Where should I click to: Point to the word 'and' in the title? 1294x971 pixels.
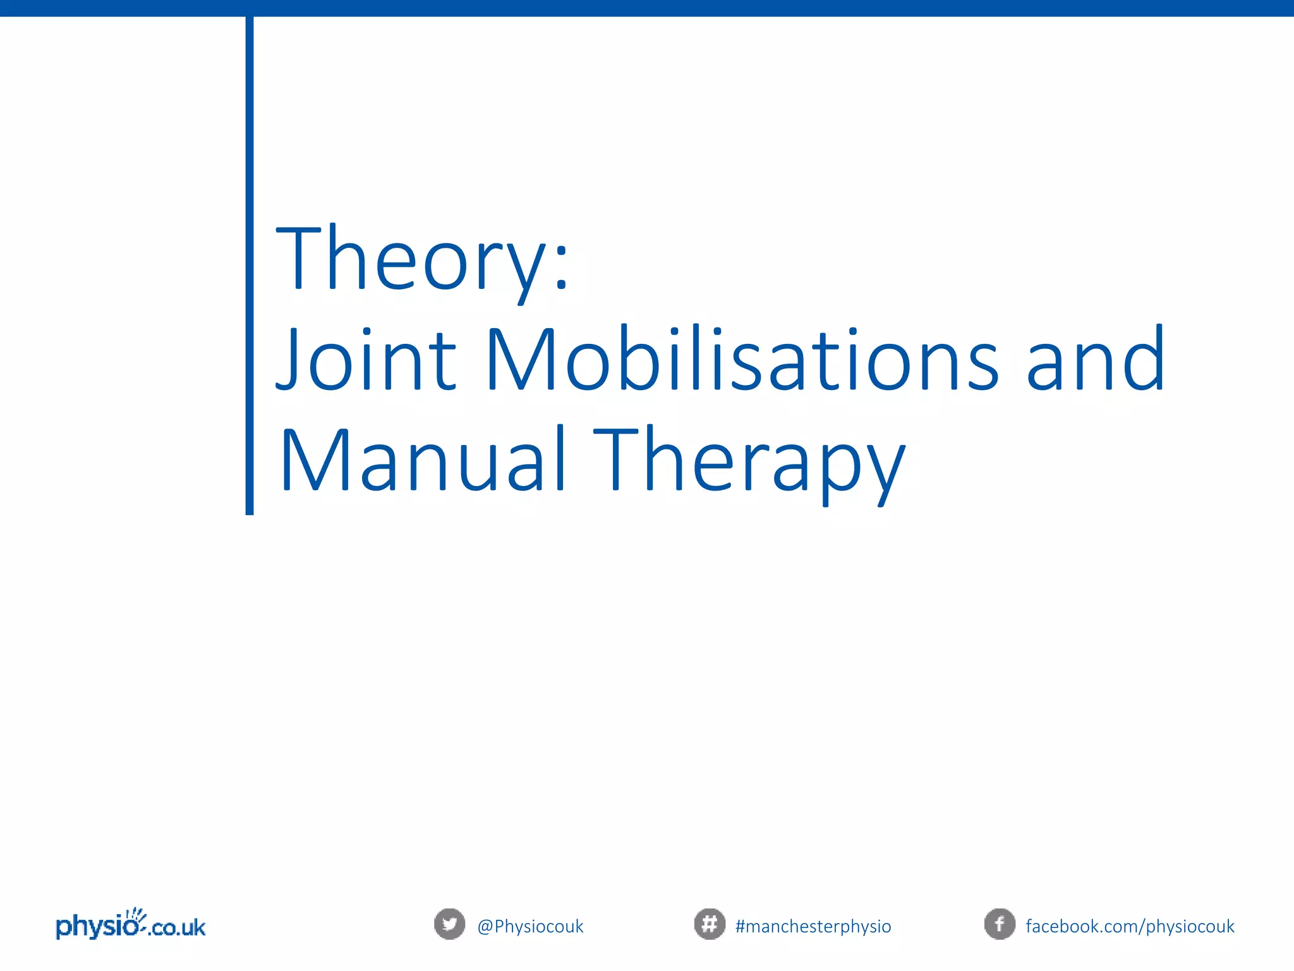click(x=1095, y=360)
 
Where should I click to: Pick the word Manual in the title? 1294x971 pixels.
click(x=422, y=460)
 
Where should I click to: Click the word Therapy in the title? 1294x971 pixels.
click(x=749, y=465)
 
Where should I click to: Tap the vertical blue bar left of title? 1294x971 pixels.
click(x=250, y=266)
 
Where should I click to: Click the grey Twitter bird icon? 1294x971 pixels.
click(x=449, y=924)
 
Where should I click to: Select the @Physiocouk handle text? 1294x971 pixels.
click(x=530, y=926)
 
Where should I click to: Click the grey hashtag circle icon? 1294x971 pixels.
click(x=710, y=924)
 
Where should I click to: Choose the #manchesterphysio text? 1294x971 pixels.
click(x=813, y=926)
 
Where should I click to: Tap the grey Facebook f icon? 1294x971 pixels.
click(x=1000, y=924)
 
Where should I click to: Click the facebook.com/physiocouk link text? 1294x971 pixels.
click(x=1130, y=926)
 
